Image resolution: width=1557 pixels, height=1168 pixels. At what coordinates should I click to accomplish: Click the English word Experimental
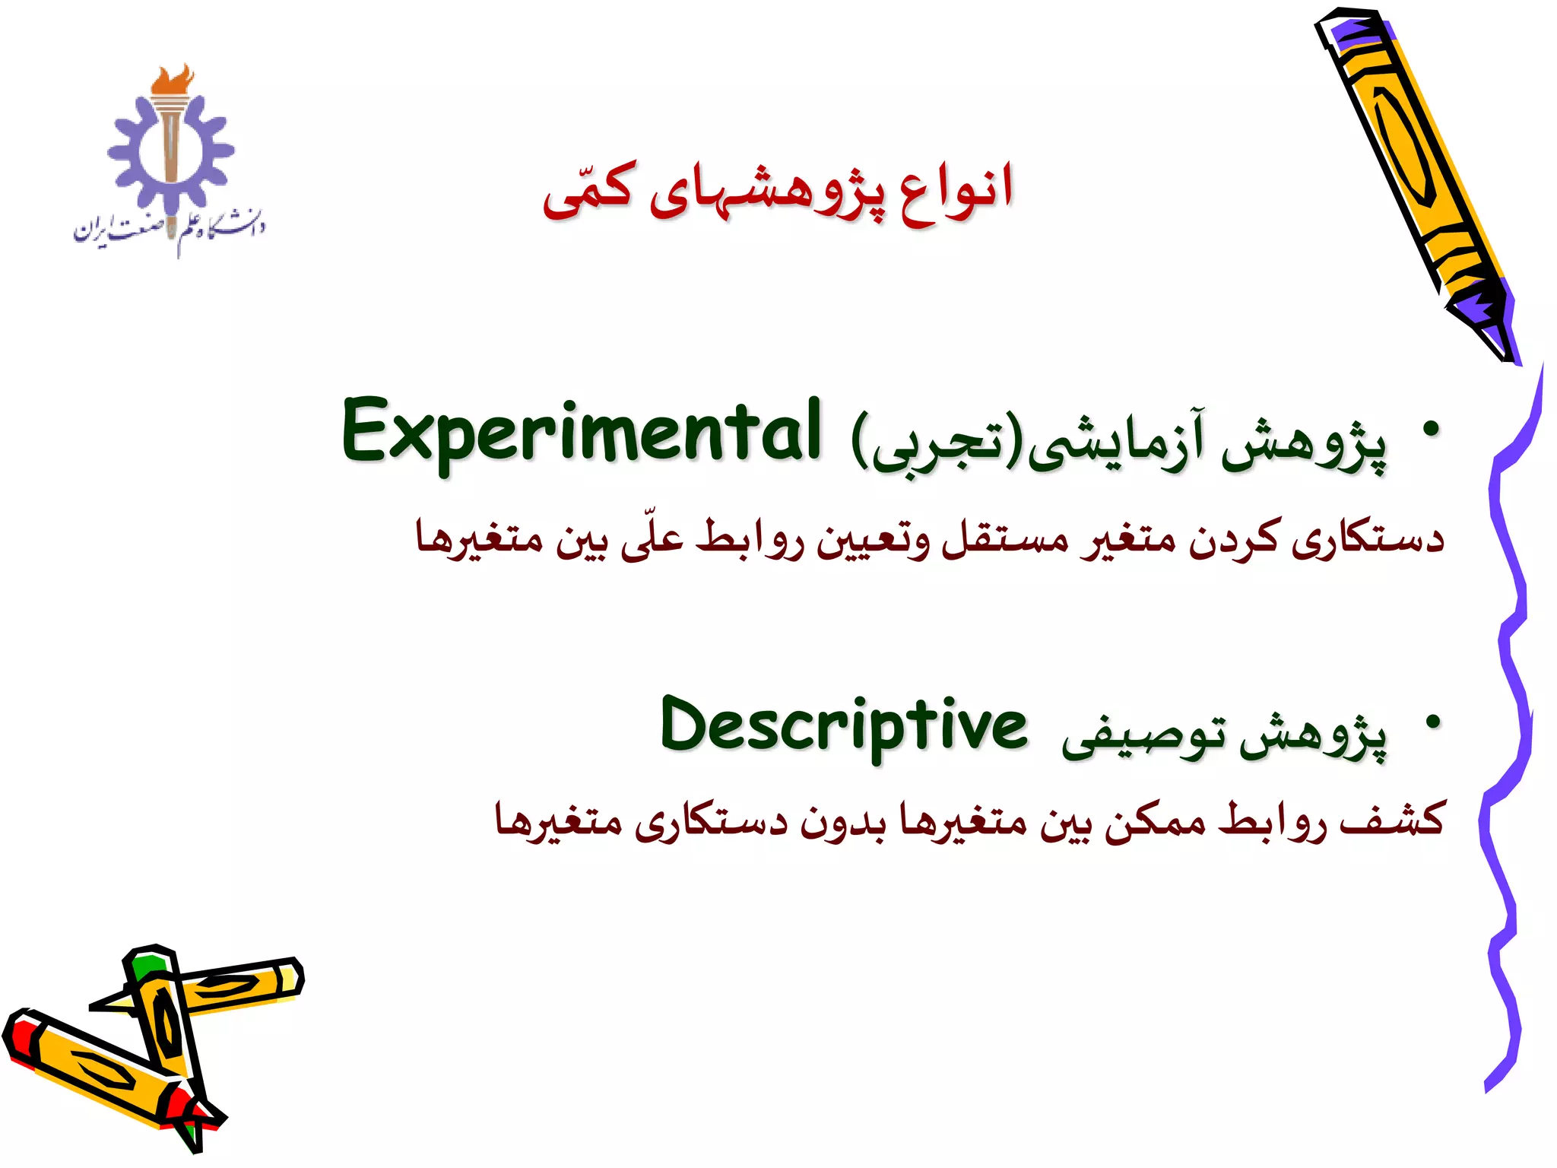[x=581, y=432]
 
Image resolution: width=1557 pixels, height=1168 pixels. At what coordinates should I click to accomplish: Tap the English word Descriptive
[x=843, y=727]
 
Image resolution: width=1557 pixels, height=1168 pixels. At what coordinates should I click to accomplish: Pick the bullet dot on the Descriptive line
[x=1432, y=722]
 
